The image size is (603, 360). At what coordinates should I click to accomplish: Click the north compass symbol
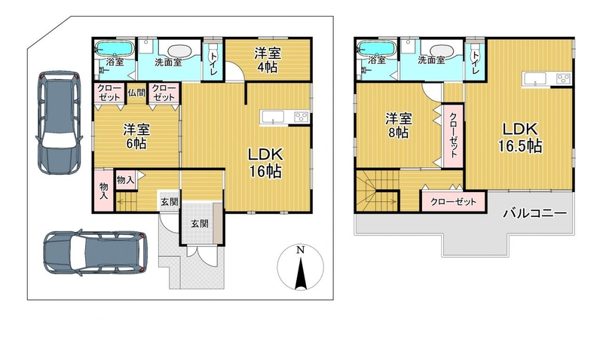coord(300,267)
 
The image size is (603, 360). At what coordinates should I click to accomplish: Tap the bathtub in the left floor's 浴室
coord(115,48)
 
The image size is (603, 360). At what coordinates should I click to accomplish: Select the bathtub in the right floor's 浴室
coord(376,48)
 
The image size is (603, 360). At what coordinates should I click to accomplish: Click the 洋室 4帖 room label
coord(268,60)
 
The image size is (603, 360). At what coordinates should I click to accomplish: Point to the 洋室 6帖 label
coord(136,136)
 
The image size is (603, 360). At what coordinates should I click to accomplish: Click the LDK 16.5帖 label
coord(520,138)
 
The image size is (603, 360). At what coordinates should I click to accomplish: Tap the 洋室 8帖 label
coord(399,126)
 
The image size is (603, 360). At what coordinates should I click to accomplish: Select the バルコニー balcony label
coord(535,213)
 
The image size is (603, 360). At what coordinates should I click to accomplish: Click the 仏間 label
coord(136,93)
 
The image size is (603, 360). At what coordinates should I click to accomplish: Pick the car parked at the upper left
coord(60,123)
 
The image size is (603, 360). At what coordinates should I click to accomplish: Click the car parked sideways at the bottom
coord(95,252)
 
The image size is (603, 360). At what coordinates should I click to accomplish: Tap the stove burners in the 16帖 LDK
coord(301,117)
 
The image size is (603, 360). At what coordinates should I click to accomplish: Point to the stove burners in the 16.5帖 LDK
coord(564,79)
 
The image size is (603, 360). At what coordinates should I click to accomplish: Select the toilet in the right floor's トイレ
coord(476,50)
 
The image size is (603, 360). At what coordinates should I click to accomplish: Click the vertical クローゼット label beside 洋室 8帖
coord(454,136)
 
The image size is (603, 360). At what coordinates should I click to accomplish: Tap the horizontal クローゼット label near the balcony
coord(454,202)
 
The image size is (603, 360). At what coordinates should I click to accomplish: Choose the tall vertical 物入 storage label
coord(103,191)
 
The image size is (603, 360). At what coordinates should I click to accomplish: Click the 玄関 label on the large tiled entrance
coord(200,223)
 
